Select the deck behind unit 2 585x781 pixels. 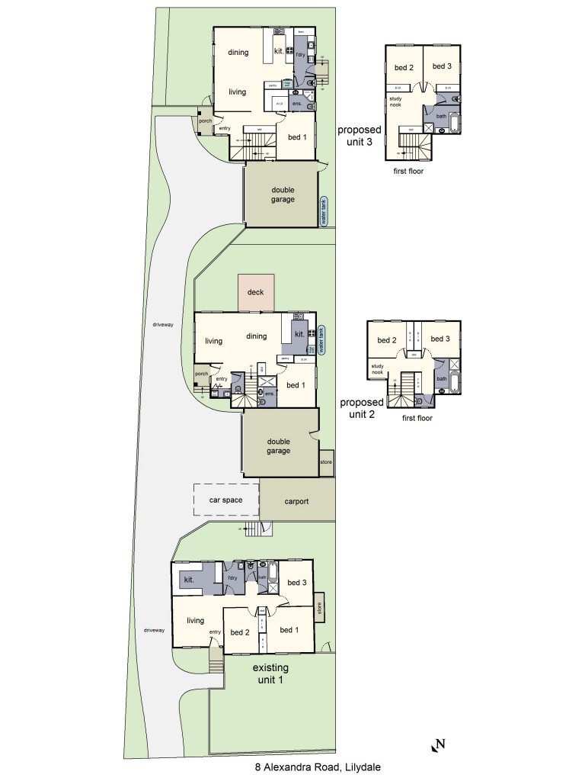(256, 292)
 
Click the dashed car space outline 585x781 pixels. (225, 500)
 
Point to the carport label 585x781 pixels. (296, 502)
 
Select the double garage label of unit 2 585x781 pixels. (278, 445)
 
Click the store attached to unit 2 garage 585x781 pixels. (326, 462)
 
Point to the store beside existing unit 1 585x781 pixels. (319, 609)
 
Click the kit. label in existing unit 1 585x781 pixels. (190, 580)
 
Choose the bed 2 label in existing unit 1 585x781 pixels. (240, 632)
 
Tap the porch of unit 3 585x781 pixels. (204, 121)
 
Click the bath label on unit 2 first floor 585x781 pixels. (441, 378)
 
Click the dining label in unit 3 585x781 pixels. (238, 52)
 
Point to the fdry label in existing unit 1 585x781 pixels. (233, 579)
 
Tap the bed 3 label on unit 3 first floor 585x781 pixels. (442, 66)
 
